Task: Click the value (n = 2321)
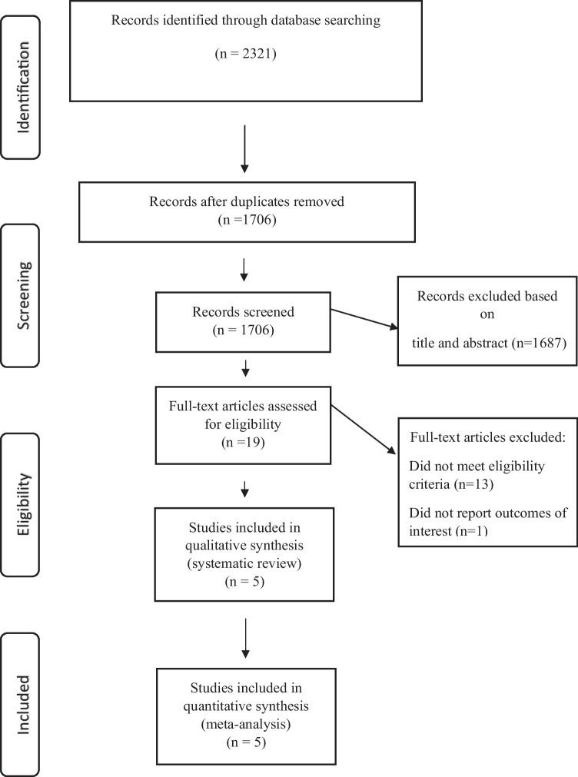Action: (244, 55)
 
